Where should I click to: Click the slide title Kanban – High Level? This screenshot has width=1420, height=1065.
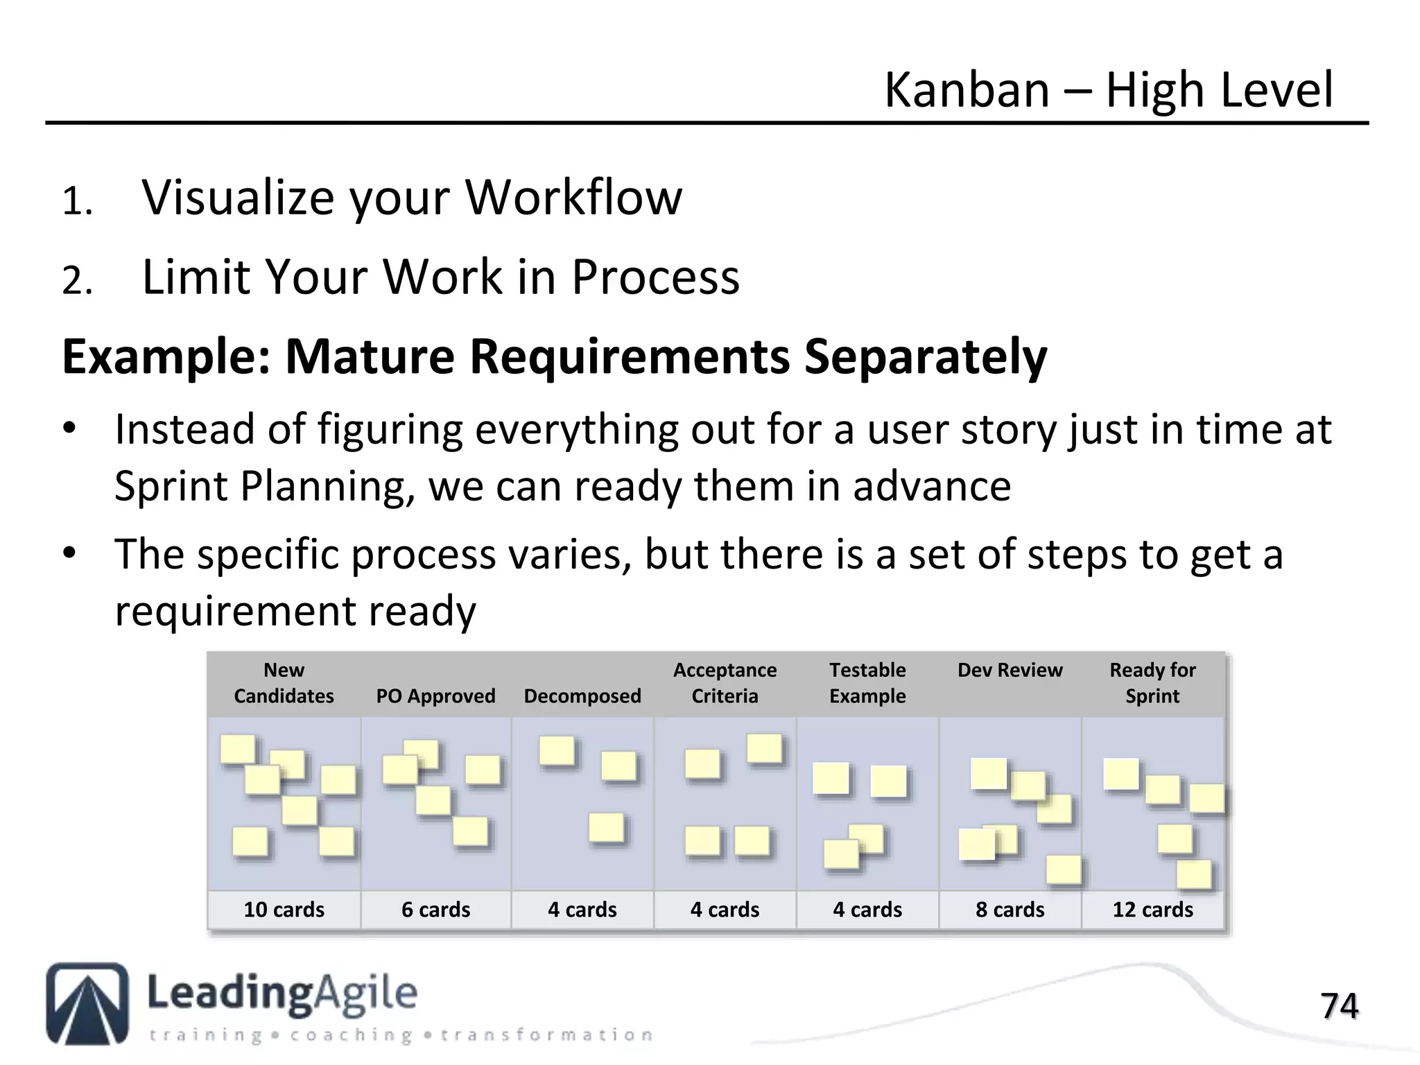tap(1108, 90)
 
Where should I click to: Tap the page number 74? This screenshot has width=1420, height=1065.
tap(1339, 1006)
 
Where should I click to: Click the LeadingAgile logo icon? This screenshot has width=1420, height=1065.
tap(87, 1003)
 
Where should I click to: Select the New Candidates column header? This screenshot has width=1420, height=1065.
tap(284, 683)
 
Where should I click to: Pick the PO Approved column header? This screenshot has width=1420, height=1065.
tap(435, 695)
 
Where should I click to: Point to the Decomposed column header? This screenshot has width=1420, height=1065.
tap(582, 695)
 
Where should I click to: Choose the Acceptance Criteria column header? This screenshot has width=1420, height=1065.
tap(725, 683)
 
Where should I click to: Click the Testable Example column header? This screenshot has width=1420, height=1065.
tap(867, 683)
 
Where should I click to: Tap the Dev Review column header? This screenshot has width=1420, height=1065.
tap(1010, 670)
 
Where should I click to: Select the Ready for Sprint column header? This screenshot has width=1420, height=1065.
tap(1152, 683)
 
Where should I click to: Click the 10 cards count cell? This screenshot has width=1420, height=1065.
tap(284, 910)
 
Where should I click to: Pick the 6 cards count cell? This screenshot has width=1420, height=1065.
tap(435, 910)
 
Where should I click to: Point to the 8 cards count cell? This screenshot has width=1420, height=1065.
tap(1010, 910)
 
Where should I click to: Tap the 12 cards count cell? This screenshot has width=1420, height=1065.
tap(1152, 910)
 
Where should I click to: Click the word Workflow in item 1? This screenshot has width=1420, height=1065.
tap(573, 198)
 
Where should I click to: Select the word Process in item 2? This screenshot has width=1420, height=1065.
tap(655, 277)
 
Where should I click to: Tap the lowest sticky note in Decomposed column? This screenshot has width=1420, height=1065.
tap(607, 828)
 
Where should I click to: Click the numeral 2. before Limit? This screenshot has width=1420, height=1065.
tap(77, 282)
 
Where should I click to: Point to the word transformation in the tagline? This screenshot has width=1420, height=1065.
tap(546, 1035)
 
